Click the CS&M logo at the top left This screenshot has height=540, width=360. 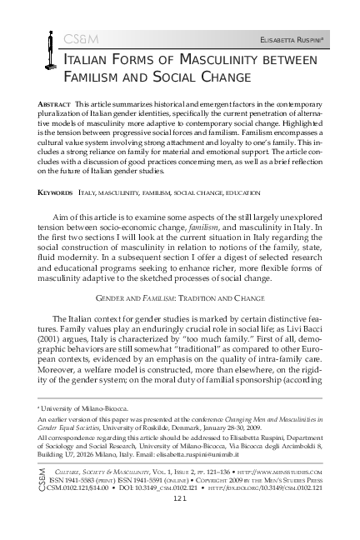(60, 39)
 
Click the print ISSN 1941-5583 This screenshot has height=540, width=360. (82, 504)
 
